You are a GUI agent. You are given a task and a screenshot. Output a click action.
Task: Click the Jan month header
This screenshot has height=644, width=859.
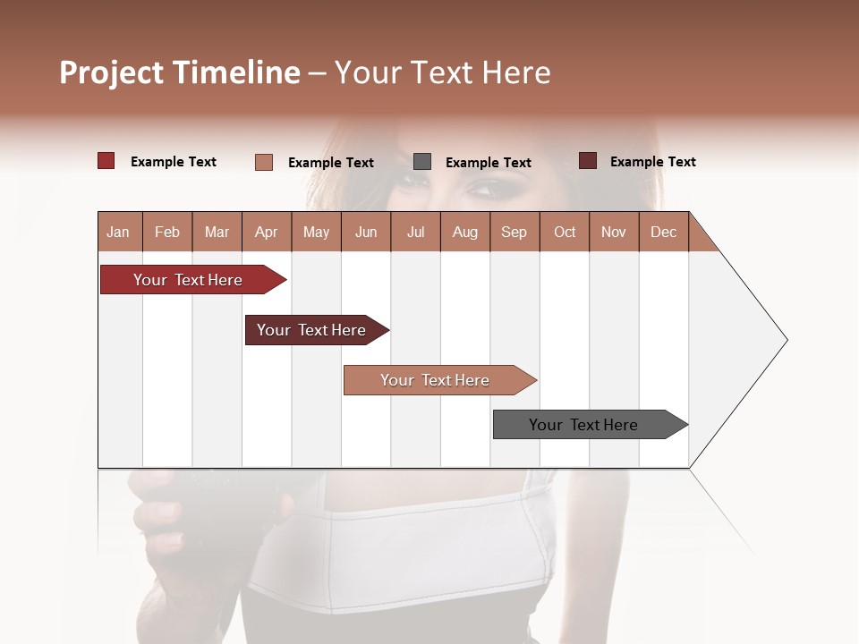[x=118, y=232]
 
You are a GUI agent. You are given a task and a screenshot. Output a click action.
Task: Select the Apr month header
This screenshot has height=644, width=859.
[x=266, y=232]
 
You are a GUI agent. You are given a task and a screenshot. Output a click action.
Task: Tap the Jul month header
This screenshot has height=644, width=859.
[x=415, y=232]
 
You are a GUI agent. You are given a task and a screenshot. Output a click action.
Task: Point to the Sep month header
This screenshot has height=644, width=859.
[x=514, y=232]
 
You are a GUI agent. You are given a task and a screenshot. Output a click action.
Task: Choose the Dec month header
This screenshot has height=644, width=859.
[x=663, y=232]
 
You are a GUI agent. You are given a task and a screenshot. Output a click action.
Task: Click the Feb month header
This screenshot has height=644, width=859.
[x=167, y=232]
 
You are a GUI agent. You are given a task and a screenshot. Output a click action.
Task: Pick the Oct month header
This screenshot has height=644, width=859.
[x=565, y=232]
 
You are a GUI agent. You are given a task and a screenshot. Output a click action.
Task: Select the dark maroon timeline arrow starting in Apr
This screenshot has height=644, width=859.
[x=313, y=330]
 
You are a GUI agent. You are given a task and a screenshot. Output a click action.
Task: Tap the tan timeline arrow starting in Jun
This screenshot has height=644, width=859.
[x=437, y=380]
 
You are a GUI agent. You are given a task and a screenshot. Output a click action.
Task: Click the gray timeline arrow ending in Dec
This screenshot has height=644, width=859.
[x=586, y=425]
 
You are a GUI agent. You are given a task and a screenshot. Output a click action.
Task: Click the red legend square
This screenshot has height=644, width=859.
[x=106, y=161]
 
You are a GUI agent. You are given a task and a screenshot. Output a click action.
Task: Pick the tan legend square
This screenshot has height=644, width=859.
[x=263, y=162]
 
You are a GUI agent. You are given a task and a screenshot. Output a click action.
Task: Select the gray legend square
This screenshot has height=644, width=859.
[x=421, y=162]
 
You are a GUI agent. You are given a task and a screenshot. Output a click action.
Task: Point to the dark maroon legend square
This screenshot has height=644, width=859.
[x=587, y=161]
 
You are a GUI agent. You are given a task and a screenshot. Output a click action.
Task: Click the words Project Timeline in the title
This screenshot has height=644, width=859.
[x=179, y=72]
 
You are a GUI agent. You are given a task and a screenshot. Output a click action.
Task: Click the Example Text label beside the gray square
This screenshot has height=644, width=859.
[x=488, y=163]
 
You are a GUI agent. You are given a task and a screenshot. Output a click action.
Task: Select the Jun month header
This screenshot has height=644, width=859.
[x=366, y=232]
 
